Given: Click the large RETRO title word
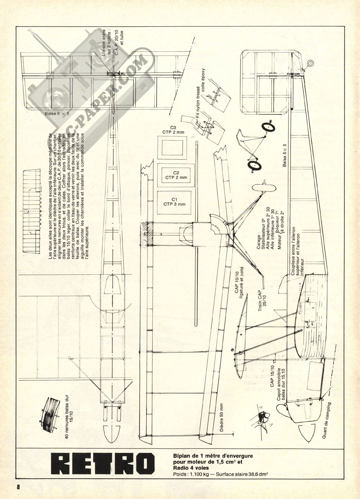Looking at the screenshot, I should (x=103, y=464).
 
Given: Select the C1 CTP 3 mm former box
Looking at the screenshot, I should (x=174, y=202).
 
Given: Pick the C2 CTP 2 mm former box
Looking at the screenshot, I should (x=176, y=175).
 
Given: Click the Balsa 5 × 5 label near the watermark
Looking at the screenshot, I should (x=57, y=114).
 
